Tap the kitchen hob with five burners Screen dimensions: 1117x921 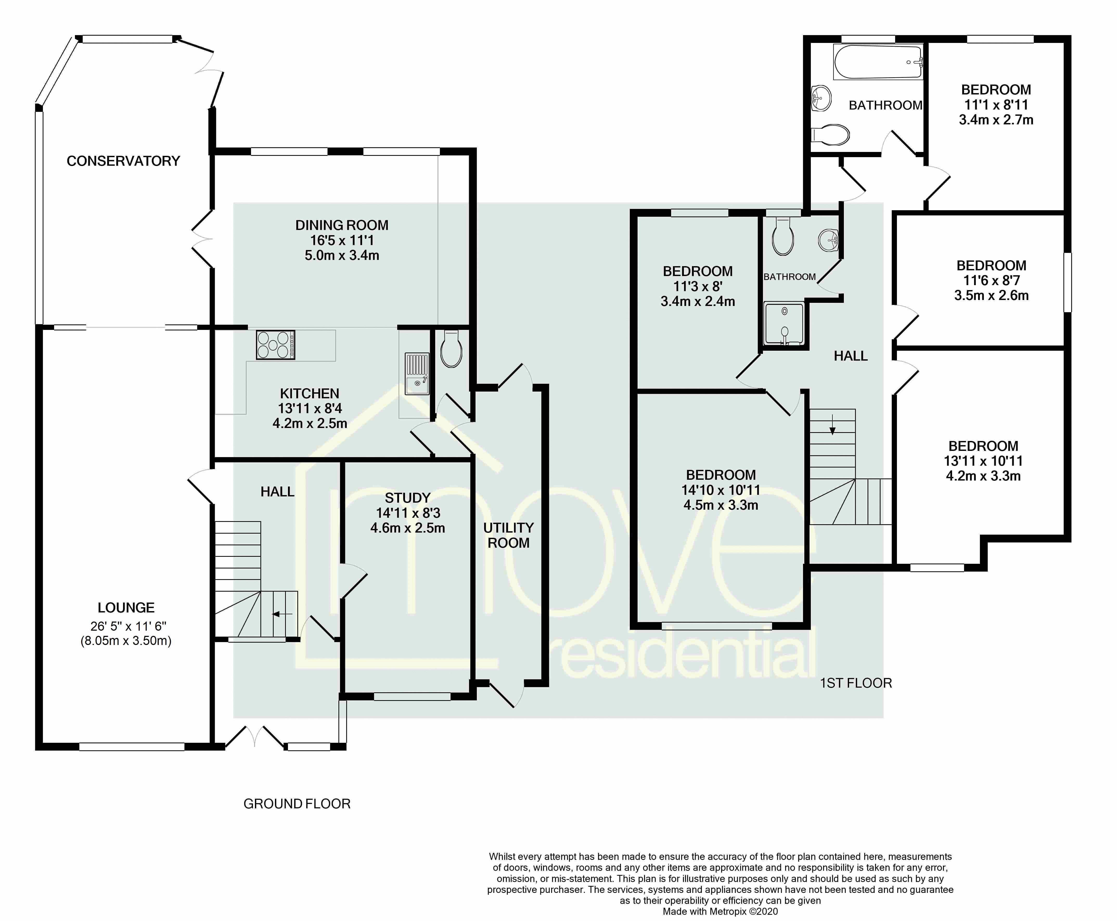[275, 345]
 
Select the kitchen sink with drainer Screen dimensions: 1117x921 [417, 374]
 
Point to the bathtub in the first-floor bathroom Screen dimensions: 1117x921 [878, 62]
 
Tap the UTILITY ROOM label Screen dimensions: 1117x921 [508, 535]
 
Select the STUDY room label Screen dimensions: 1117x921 [407, 498]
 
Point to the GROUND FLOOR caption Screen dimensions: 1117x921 [297, 804]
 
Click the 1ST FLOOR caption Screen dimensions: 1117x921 [856, 683]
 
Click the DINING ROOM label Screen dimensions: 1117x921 [342, 225]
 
